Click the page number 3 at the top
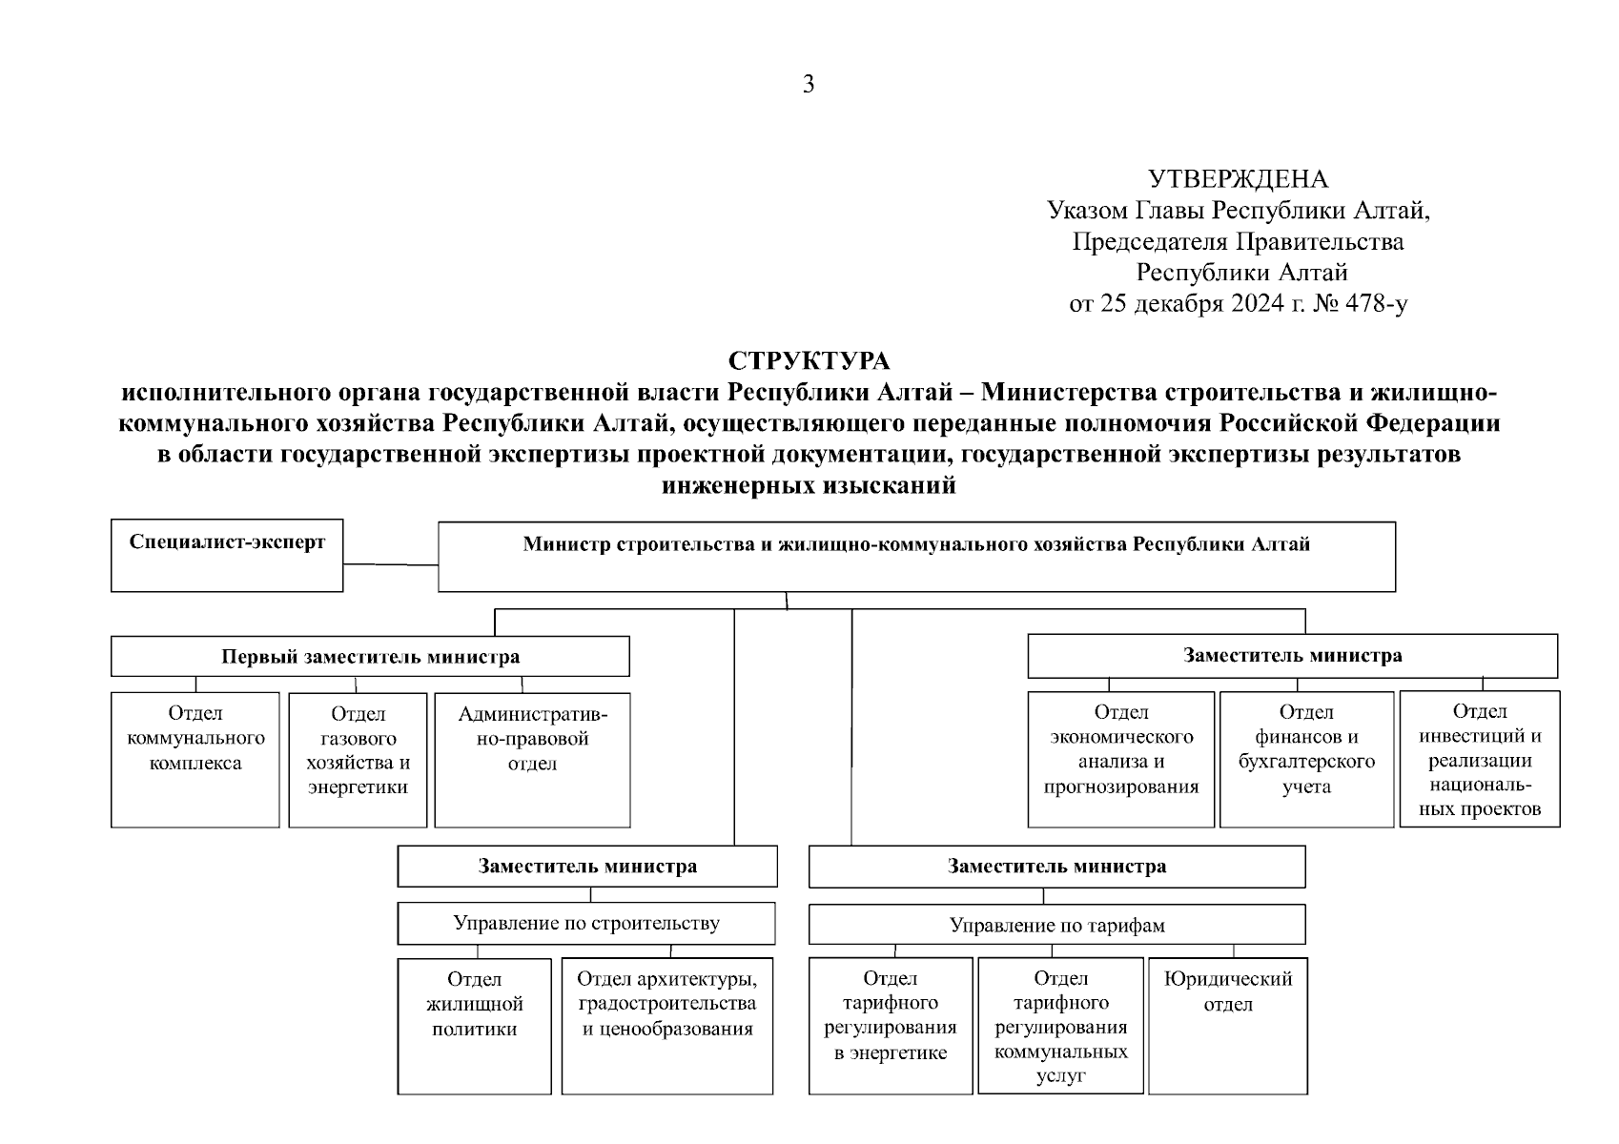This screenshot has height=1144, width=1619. pos(809,85)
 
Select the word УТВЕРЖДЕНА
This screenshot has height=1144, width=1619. pos(1238,178)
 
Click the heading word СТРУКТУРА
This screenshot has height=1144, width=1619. pos(809,361)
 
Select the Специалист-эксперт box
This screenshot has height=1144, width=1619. pos(227,555)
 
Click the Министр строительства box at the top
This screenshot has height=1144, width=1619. pos(915,556)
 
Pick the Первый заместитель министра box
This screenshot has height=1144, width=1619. pos(370,657)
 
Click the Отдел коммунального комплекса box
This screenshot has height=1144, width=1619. pos(195,759)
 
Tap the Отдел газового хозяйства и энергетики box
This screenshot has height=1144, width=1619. pos(358,759)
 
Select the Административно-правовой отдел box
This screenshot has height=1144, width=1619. pos(532,759)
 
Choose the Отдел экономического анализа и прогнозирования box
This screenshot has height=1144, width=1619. pos(1120,759)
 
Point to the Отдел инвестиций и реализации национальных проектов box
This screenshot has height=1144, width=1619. pos(1479,759)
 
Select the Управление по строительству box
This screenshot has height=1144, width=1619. pos(586,923)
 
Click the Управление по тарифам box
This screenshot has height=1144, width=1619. pos(1056,925)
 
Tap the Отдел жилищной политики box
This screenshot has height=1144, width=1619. pos(474,1025)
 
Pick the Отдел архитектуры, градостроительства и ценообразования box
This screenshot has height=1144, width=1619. pos(666,1025)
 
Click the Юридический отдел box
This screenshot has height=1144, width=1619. pos(1227,1025)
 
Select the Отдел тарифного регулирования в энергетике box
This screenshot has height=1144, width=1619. pos(890,1025)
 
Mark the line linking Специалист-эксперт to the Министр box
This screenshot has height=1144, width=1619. pos(390,564)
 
